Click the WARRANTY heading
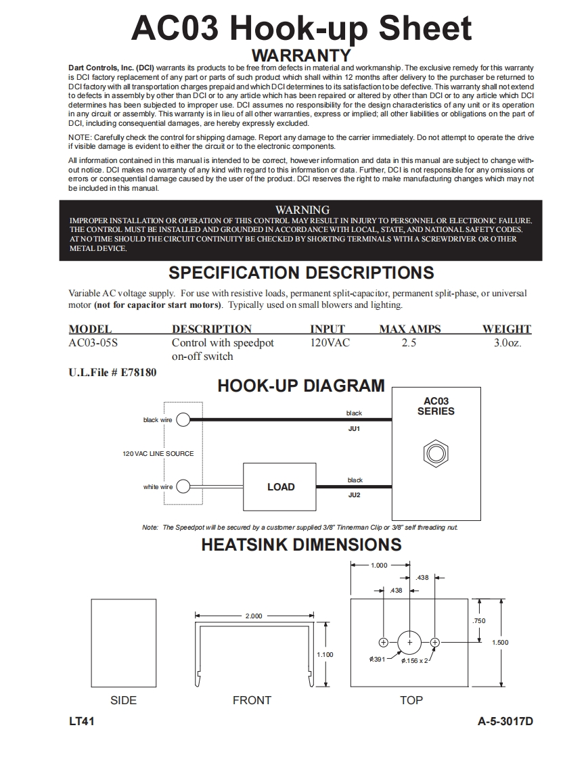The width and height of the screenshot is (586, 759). (x=301, y=55)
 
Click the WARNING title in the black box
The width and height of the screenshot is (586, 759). (x=302, y=210)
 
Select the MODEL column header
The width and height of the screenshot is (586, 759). (x=90, y=329)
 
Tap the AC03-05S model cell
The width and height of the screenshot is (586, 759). (x=93, y=343)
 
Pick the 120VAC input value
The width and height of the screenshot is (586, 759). (x=330, y=343)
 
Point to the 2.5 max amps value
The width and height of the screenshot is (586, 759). (x=409, y=343)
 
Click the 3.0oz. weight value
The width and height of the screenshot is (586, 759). (x=508, y=343)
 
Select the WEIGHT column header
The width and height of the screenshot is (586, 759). (x=506, y=329)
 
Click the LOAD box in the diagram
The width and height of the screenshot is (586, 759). (x=280, y=486)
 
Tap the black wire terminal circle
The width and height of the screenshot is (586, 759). (x=183, y=420)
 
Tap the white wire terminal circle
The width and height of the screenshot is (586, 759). (x=183, y=487)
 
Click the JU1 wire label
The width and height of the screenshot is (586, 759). (x=354, y=429)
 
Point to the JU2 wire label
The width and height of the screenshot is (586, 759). (x=354, y=495)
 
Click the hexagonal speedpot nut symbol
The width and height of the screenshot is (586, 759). (x=436, y=453)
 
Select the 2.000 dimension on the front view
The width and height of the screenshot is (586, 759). (x=254, y=616)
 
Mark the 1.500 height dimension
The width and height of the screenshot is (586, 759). (x=499, y=643)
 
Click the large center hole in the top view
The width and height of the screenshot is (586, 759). (x=409, y=642)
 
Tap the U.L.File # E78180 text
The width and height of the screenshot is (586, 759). (x=112, y=373)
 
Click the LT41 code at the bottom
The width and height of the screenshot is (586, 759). (x=81, y=722)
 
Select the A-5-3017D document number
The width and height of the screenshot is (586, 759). (x=505, y=722)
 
